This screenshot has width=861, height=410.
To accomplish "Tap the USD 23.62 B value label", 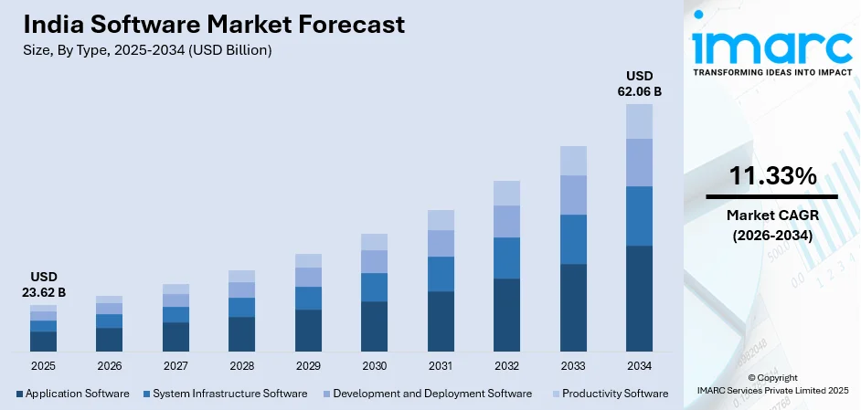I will pos(43,284).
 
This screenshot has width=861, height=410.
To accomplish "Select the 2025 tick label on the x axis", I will pos(43,365).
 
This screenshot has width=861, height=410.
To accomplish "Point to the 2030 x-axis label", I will pos(374,365).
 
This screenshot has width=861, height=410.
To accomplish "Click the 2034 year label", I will pos(639,365).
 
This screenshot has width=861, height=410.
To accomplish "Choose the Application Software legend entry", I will pos(72,394).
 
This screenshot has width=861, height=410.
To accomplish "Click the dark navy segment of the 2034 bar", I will pos(639,298).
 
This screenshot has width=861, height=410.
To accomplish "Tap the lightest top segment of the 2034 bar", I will pos(639,121).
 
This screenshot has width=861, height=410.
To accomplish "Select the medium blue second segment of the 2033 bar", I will pos(573,239).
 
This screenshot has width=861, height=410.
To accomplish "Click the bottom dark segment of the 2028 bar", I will pos(241,333).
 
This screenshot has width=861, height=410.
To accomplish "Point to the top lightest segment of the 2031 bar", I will pos(441,219).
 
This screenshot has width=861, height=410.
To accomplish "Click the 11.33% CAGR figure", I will pos(771,177).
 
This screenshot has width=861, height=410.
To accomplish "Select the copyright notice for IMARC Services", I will pos(772,384).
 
